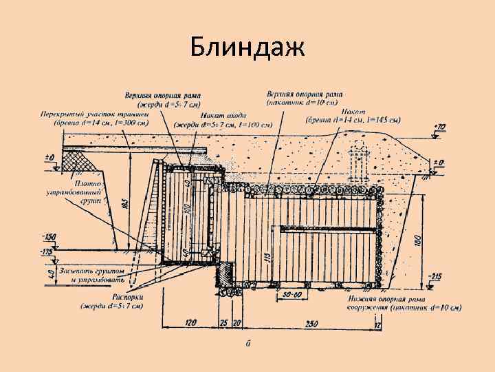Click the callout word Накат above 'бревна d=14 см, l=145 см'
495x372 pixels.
click(360, 111)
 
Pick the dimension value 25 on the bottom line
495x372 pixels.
click(224, 322)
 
